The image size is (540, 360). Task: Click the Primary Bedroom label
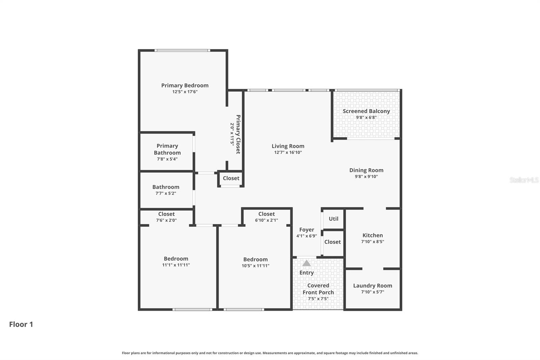pyautogui.click(x=185, y=85)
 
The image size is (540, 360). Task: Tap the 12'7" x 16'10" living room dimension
pyautogui.click(x=288, y=152)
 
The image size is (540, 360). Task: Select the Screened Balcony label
pyautogui.click(x=366, y=111)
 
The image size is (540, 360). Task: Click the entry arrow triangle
pyautogui.click(x=306, y=263)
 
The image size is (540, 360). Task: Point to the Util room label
pyautogui.click(x=333, y=219)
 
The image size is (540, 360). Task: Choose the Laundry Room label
pyautogui.click(x=373, y=286)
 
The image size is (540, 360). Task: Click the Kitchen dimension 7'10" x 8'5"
pyautogui.click(x=373, y=241)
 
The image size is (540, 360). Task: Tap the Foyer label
pyautogui.click(x=306, y=230)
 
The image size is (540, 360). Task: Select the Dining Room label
pyautogui.click(x=366, y=170)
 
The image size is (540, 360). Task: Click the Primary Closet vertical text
pyautogui.click(x=238, y=134)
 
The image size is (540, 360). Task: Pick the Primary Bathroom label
pyautogui.click(x=167, y=149)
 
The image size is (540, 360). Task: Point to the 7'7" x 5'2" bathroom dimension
pyautogui.click(x=166, y=193)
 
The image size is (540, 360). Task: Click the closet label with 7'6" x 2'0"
pyautogui.click(x=166, y=214)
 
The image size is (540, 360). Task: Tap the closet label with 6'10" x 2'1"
pyautogui.click(x=266, y=214)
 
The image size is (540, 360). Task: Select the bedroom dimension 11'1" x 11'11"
pyautogui.click(x=176, y=265)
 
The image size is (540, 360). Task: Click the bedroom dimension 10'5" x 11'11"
pyautogui.click(x=255, y=266)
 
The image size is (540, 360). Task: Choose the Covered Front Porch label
pyautogui.click(x=318, y=289)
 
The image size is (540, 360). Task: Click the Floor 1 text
pyautogui.click(x=21, y=324)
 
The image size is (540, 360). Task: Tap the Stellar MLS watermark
pyautogui.click(x=524, y=180)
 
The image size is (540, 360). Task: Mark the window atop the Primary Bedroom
pyautogui.click(x=182, y=50)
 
